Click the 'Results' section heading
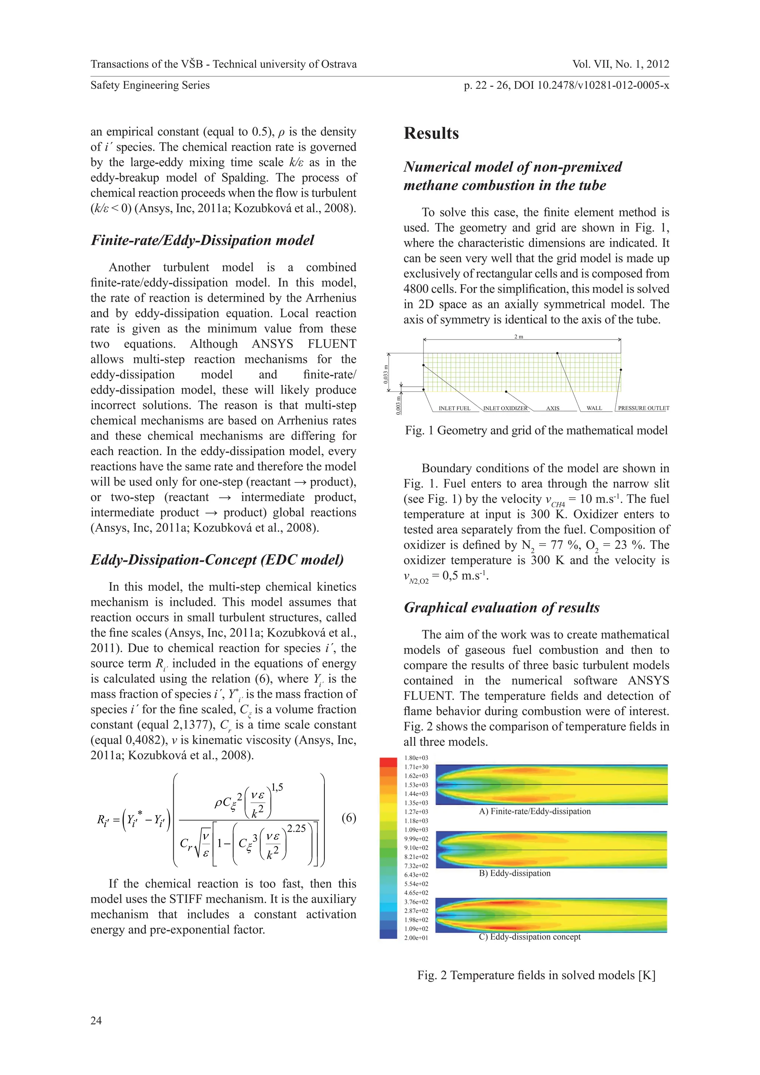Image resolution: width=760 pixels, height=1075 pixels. click(431, 134)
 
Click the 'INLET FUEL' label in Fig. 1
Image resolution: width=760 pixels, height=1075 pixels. click(454, 408)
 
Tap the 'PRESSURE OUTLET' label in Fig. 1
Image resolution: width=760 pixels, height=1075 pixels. click(643, 408)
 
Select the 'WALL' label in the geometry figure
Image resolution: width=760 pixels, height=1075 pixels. click(594, 408)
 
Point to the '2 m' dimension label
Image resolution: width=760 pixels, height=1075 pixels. click(518, 337)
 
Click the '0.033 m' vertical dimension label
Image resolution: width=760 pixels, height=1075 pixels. click(386, 374)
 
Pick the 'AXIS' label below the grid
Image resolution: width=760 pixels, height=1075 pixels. click(553, 408)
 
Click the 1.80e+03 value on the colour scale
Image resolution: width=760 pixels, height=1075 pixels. click(416, 758)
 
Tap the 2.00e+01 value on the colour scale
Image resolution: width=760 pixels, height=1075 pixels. click(416, 938)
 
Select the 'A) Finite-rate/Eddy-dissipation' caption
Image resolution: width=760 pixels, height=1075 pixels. click(534, 812)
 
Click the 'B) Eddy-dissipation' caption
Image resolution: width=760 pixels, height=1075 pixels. click(514, 873)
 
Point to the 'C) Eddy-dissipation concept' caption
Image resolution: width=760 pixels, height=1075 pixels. click(529, 937)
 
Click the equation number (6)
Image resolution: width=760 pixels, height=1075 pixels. click(348, 817)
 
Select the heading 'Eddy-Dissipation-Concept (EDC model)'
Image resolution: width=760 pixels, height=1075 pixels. click(217, 560)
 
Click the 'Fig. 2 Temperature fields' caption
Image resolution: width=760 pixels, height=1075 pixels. click(536, 975)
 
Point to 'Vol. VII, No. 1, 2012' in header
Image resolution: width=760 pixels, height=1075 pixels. click(620, 64)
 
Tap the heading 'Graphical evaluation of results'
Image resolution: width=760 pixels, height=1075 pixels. click(501, 608)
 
